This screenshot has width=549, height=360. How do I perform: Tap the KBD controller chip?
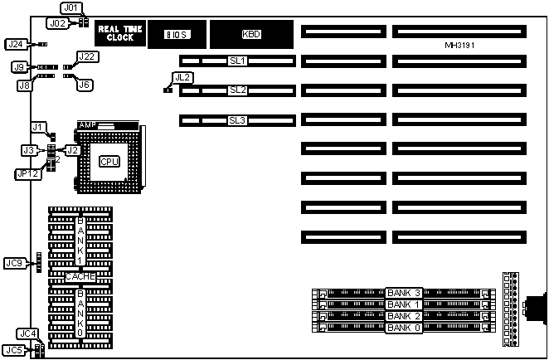click(250, 35)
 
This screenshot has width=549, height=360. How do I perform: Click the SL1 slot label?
click(238, 61)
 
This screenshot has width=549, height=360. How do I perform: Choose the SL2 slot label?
click(238, 90)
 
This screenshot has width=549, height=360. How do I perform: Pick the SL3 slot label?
click(238, 120)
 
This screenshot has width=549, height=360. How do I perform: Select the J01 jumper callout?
click(72, 8)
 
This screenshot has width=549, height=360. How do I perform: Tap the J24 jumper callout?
click(15, 44)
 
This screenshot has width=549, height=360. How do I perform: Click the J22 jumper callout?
click(87, 56)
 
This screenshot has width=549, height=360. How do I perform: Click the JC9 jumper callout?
click(15, 263)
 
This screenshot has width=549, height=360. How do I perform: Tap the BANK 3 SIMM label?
click(404, 293)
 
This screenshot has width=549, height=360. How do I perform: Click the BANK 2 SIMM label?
click(404, 316)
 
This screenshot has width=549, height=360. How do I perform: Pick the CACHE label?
click(80, 277)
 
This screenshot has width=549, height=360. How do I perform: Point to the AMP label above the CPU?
click(87, 125)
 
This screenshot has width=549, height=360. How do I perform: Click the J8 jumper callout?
click(25, 85)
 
